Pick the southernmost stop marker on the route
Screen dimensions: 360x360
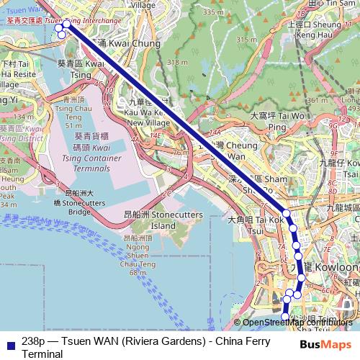coord(284,317)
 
